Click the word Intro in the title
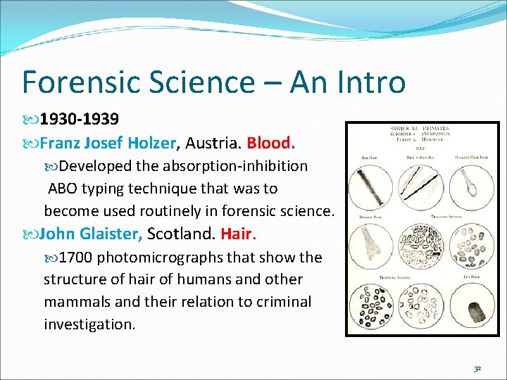pyautogui.click(x=368, y=82)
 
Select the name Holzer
pyautogui.click(x=152, y=143)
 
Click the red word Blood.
pyautogui.click(x=271, y=143)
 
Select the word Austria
pyautogui.click(x=215, y=143)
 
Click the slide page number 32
pyautogui.click(x=477, y=368)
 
